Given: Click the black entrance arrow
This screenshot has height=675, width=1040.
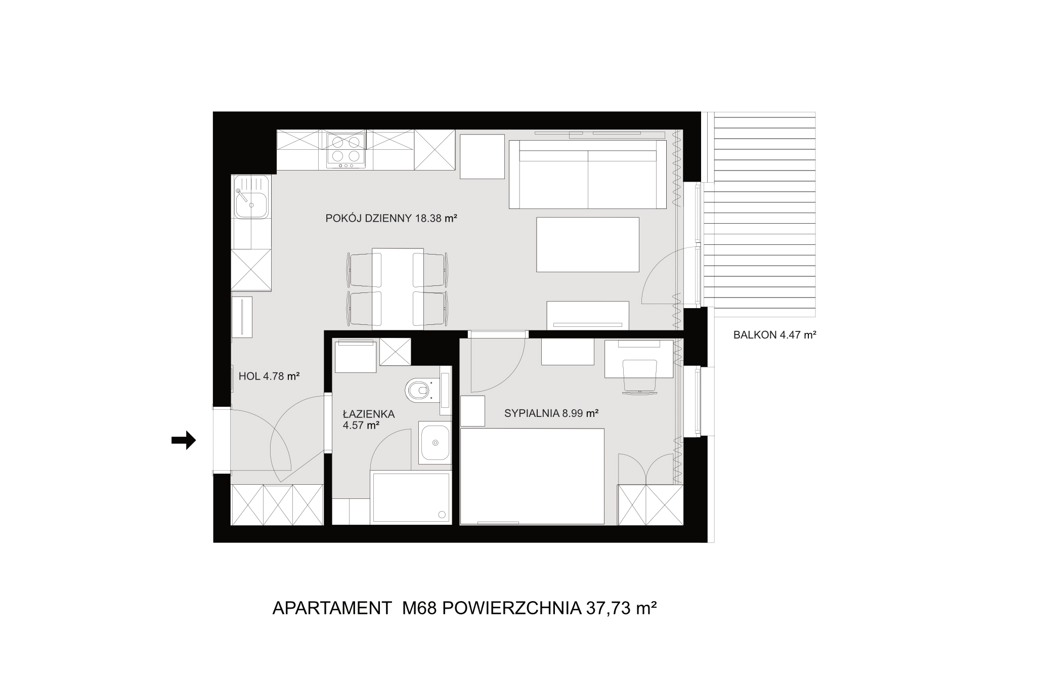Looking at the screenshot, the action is [x=184, y=440].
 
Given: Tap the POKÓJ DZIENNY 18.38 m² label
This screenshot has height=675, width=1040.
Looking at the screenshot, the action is [x=392, y=219].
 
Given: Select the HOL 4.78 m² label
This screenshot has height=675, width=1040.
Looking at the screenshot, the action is [x=269, y=376].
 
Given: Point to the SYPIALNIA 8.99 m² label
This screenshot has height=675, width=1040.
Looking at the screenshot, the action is [x=551, y=413].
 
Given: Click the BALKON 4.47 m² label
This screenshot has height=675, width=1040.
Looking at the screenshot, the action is [x=775, y=334].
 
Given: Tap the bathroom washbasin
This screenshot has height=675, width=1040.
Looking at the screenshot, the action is [x=435, y=443].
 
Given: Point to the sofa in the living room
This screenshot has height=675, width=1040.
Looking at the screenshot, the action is [x=588, y=174].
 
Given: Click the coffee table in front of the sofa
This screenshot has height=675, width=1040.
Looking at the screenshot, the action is [x=588, y=244].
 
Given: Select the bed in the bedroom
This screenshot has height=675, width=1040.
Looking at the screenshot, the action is [x=533, y=476].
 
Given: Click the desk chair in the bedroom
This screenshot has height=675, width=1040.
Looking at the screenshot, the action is [x=639, y=376].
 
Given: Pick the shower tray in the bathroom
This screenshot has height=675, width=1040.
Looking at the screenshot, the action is [x=410, y=497].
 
